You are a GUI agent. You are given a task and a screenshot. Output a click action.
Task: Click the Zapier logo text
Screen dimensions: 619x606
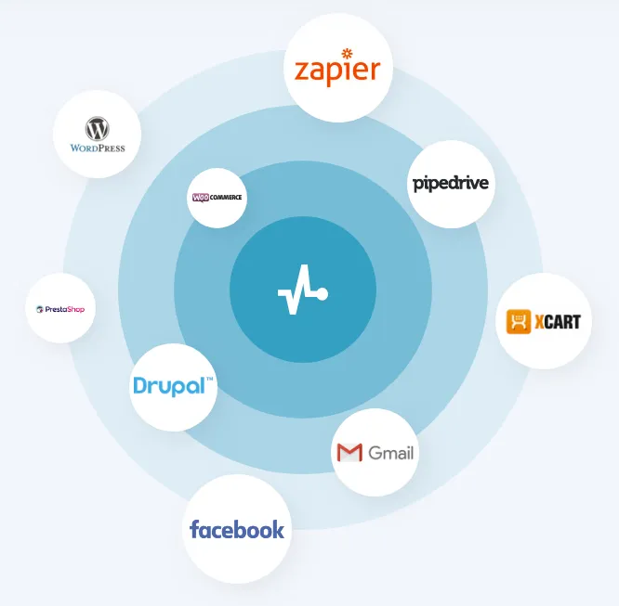click(337, 71)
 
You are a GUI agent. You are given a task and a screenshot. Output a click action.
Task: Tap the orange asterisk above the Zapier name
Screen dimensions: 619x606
click(347, 53)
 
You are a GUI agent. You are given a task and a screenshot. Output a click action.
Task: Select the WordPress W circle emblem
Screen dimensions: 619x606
click(97, 129)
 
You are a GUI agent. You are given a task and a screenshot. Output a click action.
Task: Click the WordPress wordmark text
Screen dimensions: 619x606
click(98, 148)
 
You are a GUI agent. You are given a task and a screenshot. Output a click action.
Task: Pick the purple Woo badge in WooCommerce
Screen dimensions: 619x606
click(201, 198)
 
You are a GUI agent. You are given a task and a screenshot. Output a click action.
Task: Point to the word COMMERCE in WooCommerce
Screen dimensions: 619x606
click(226, 197)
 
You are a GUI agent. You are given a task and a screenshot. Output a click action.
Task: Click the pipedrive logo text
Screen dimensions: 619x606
click(451, 184)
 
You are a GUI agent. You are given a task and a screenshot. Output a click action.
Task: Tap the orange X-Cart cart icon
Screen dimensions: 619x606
click(519, 322)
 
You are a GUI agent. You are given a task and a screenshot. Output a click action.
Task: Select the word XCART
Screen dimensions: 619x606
click(558, 322)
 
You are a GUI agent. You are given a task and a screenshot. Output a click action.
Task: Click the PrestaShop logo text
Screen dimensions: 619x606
click(65, 310)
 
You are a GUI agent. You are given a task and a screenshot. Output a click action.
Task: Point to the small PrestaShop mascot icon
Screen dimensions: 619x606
click(39, 310)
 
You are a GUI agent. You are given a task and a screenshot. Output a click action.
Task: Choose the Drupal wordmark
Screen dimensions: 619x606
click(169, 386)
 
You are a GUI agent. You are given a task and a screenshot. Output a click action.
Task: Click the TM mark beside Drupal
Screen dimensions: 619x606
click(210, 379)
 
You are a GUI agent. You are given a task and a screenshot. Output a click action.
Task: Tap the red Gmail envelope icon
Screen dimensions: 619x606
click(349, 453)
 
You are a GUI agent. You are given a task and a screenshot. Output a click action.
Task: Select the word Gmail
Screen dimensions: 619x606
click(390, 453)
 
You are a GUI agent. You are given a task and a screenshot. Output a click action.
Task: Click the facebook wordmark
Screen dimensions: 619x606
click(237, 529)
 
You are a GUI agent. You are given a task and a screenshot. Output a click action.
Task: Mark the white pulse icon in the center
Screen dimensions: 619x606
click(303, 290)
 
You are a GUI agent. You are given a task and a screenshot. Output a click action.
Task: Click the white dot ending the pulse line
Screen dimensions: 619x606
click(323, 294)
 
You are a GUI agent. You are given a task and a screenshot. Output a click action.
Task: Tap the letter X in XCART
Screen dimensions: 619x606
click(540, 322)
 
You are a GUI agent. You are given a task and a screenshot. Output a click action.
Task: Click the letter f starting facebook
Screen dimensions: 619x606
click(194, 529)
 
